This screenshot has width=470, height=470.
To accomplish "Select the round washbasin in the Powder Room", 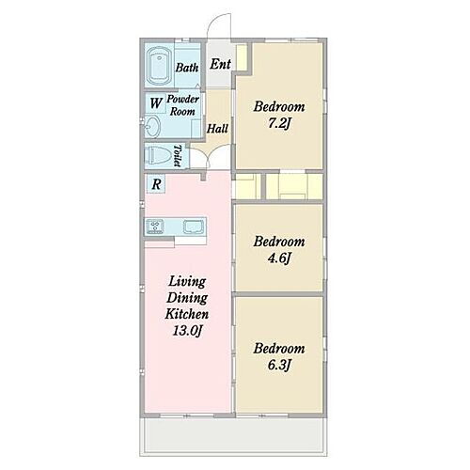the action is click(x=152, y=126).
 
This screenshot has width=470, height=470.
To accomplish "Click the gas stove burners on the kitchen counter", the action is click(x=155, y=227).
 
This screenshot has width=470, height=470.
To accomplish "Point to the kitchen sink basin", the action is click(x=194, y=227).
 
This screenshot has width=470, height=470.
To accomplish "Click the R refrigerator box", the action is click(x=156, y=184).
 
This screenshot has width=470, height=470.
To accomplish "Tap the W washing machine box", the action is click(x=156, y=102).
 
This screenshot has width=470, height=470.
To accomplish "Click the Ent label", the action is click(x=220, y=64).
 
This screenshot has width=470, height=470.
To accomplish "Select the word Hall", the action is click(x=217, y=128).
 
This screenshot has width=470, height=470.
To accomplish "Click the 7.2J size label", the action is click(x=279, y=123).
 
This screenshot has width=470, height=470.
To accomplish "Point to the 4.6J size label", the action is click(x=279, y=258).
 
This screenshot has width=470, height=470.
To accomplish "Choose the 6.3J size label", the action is click(x=279, y=365).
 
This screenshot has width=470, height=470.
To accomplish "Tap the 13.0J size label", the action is click(x=187, y=331).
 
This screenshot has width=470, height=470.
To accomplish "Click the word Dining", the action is click(x=187, y=298).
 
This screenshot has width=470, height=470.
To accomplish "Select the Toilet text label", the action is click(x=178, y=155).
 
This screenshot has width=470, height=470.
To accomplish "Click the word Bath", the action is click(x=187, y=68).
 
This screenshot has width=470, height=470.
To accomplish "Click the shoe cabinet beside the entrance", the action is click(x=242, y=57).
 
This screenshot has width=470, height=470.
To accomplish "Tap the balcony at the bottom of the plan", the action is click(x=233, y=437).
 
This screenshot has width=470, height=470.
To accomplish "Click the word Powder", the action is click(x=183, y=99).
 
